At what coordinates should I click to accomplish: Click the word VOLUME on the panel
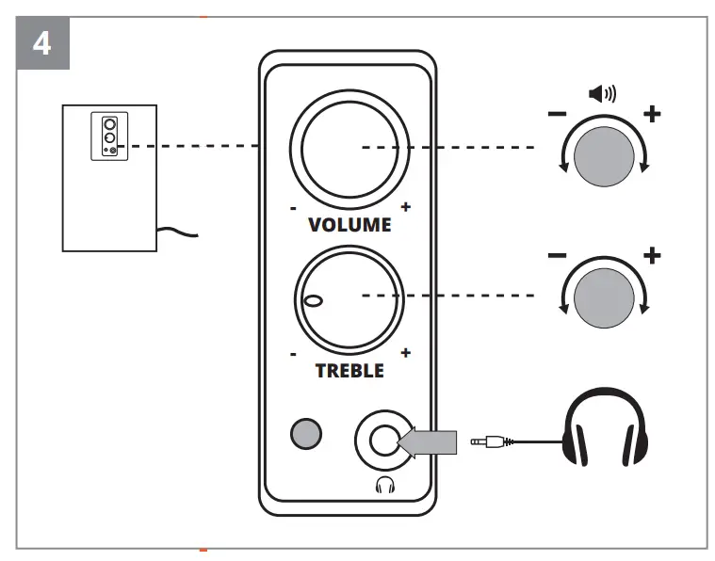coord(349,226)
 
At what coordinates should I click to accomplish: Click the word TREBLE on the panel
coord(349,371)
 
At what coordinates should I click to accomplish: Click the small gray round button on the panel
coord(306,432)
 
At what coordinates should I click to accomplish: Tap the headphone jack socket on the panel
coord(382,439)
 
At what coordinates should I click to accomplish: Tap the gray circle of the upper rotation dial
coord(602,154)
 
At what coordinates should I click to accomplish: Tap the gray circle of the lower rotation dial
coord(602,297)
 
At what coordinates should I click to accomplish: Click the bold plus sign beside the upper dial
coord(651,114)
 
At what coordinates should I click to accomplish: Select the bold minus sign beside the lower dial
coord(557,256)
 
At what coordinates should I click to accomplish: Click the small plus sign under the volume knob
coord(406,206)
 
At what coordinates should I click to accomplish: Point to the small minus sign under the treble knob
coord(294,354)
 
